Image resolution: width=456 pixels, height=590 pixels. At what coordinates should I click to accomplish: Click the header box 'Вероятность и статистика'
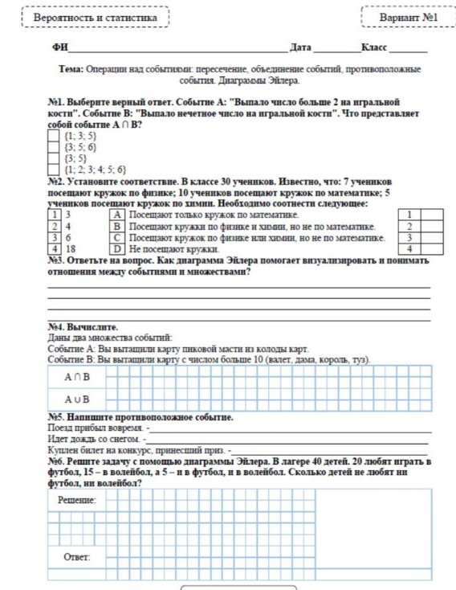pyautogui.click(x=96, y=17)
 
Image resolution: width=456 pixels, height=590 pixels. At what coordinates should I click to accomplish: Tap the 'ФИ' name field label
pyautogui.click(x=58, y=49)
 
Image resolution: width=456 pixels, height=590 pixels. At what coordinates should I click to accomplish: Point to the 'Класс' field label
pyautogui.click(x=374, y=49)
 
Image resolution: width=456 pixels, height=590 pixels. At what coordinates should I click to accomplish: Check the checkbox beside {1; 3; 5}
pyautogui.click(x=54, y=137)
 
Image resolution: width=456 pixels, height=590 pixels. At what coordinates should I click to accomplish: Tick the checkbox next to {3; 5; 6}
pyautogui.click(x=54, y=148)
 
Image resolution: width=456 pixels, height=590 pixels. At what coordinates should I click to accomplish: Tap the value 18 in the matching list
pyautogui.click(x=71, y=249)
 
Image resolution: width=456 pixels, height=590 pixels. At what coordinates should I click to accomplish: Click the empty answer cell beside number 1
pyautogui.click(x=432, y=215)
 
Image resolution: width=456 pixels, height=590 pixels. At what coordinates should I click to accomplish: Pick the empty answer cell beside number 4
pyautogui.click(x=432, y=249)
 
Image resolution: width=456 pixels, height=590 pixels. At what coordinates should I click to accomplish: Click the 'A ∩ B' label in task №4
pyautogui.click(x=77, y=376)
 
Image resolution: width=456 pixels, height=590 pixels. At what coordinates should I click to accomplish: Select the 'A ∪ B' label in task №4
pyautogui.click(x=77, y=399)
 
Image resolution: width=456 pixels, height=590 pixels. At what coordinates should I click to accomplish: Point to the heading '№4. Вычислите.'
pyautogui.click(x=83, y=328)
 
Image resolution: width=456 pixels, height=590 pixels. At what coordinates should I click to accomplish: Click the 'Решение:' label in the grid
pyautogui.click(x=76, y=500)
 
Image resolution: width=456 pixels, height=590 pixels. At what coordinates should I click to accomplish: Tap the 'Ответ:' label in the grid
pyautogui.click(x=76, y=556)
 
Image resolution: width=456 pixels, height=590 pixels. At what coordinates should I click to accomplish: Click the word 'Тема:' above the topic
pyautogui.click(x=72, y=71)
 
